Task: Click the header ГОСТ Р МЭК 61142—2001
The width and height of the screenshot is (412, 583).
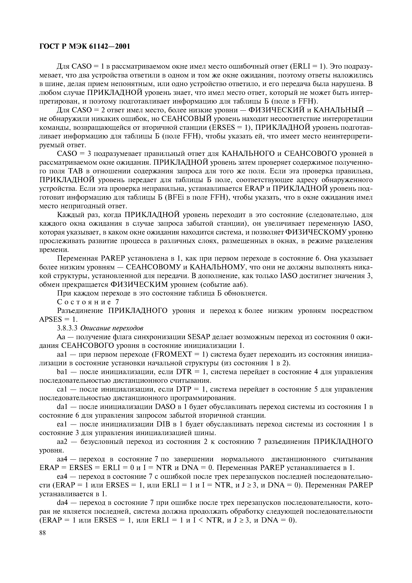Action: click(x=85, y=47)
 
